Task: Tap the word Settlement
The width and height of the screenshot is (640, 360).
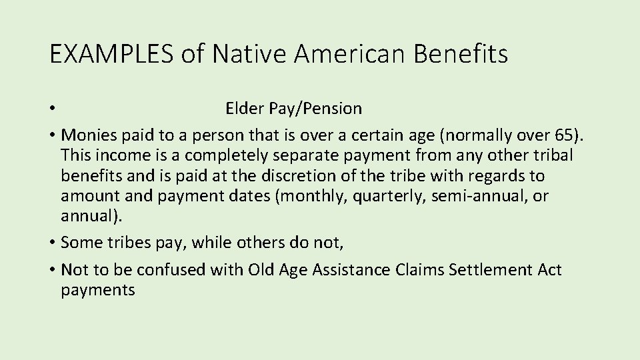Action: click(487, 269)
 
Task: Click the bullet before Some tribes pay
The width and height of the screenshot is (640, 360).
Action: click(51, 244)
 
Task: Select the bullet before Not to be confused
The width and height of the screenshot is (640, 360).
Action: click(51, 269)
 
